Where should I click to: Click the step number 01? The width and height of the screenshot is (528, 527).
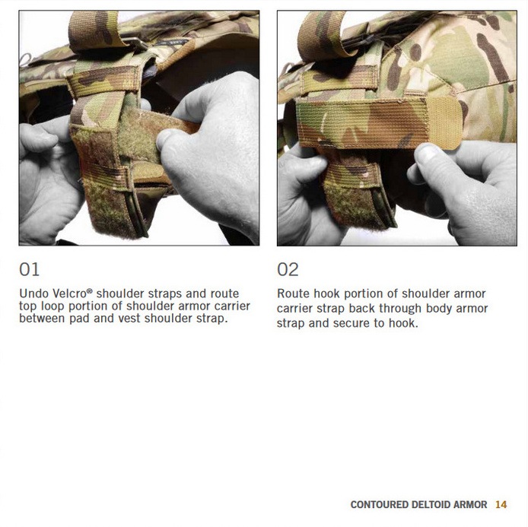click(30, 269)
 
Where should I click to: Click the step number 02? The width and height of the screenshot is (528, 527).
click(288, 269)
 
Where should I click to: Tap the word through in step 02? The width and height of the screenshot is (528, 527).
click(396, 309)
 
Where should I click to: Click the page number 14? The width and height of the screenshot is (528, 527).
click(501, 504)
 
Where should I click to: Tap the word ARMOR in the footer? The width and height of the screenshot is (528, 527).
click(470, 504)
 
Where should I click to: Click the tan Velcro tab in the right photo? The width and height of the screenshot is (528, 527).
click(444, 123)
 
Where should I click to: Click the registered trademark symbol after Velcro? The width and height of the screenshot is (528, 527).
click(89, 290)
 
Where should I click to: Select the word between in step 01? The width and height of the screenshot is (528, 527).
click(42, 319)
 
